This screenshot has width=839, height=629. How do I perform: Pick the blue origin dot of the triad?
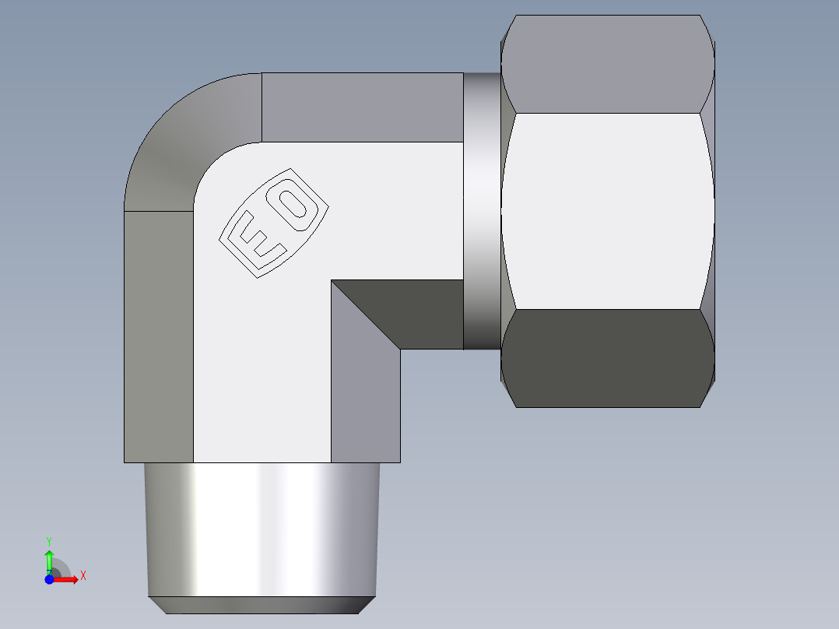tap(49, 578)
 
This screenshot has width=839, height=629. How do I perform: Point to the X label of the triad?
tap(82, 576)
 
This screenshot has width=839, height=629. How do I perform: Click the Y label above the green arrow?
tap(49, 540)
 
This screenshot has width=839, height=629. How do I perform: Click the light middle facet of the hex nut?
tap(608, 210)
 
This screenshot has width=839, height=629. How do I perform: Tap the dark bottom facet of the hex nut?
tap(608, 358)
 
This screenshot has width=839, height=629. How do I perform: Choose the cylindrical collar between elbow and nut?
tap(482, 210)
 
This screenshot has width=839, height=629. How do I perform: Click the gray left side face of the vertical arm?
tap(158, 335)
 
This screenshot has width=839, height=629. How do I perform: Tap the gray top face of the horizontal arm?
tap(362, 107)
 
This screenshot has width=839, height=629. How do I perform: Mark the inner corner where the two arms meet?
tap(332, 281)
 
